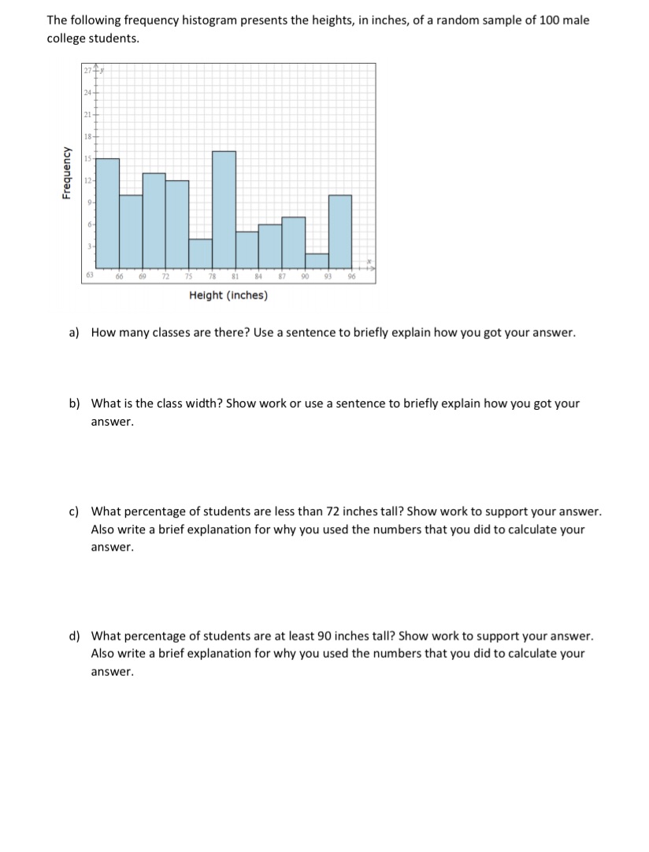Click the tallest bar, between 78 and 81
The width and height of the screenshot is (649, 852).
coord(224,209)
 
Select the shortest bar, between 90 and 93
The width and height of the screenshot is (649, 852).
coord(317,260)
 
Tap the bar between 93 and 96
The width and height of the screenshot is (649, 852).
coord(339,231)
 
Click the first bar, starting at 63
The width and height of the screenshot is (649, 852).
coord(108,212)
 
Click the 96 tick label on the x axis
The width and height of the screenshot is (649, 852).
coord(352,276)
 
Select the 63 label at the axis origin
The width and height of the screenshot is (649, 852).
coord(91,275)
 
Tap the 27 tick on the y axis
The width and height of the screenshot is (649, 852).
coord(87,72)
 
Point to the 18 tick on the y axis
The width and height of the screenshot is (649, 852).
coord(87,137)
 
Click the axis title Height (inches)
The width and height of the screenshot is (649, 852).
coord(228,296)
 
